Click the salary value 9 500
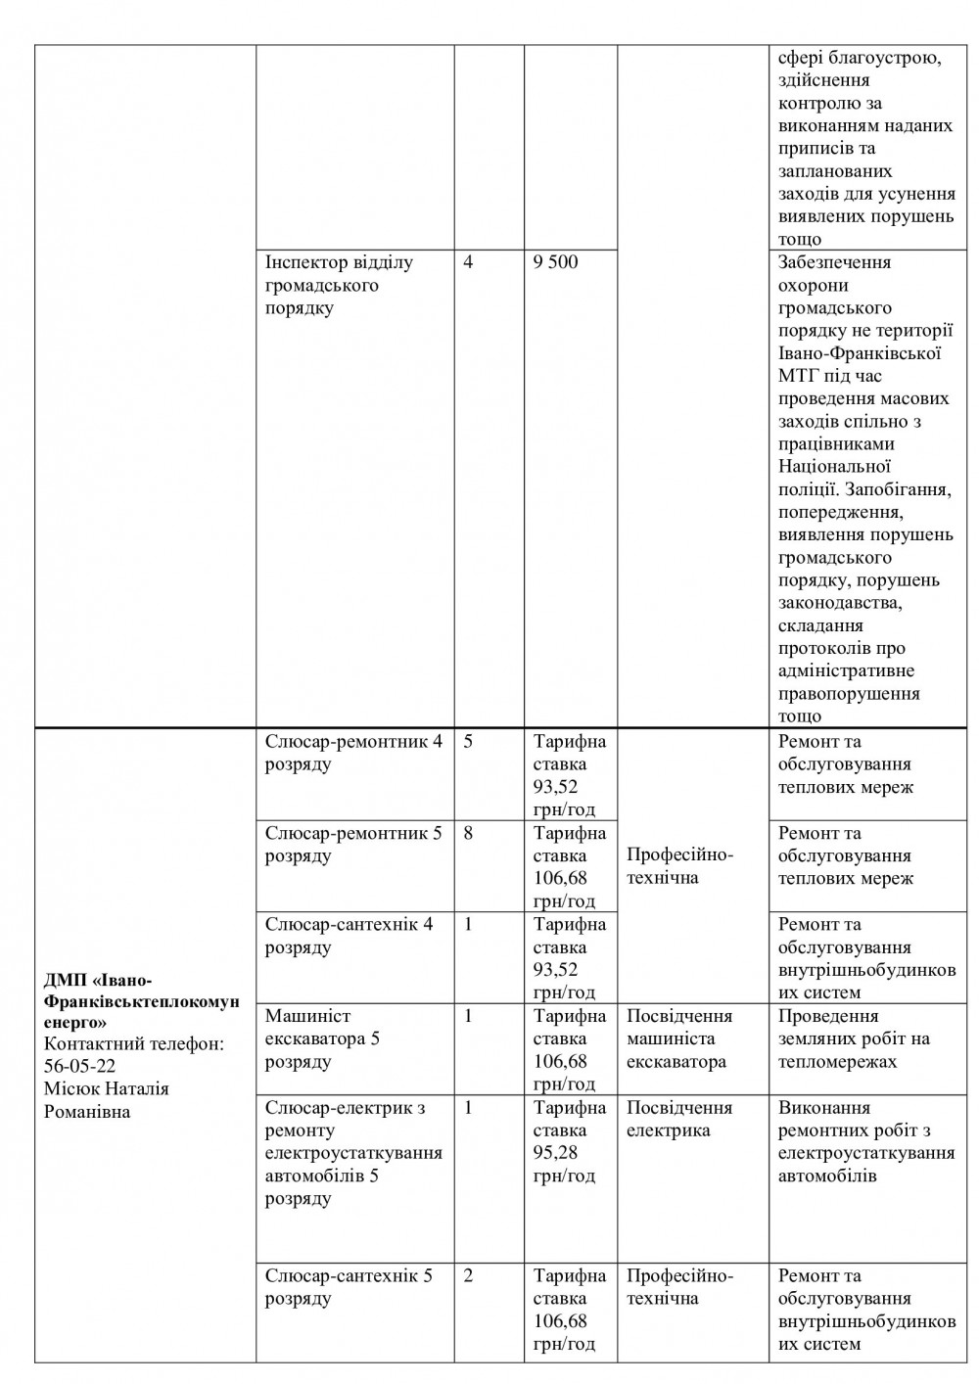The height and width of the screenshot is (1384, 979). pos(556,263)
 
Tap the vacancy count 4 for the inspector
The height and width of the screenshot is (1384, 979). pos(468,263)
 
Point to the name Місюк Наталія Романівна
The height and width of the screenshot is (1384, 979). pos(106,1100)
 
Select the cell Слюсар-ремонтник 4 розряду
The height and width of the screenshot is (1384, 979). pos(352,753)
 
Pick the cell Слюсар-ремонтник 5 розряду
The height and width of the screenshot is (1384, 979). pos(352,845)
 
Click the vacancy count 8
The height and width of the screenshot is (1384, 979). pos(468,834)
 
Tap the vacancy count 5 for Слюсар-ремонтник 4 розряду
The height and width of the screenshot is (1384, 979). pos(468,742)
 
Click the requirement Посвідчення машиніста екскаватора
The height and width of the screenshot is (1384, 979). pos(679,1038)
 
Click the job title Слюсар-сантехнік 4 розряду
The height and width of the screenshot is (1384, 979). pos(349,936)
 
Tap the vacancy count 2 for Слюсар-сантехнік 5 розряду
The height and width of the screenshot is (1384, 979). pos(468,1276)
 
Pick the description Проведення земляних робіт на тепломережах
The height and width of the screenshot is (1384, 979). pos(854,1038)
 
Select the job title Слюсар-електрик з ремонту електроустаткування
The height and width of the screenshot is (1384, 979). pos(352,1142)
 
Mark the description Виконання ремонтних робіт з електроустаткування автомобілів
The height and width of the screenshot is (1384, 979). pos(865,1141)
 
